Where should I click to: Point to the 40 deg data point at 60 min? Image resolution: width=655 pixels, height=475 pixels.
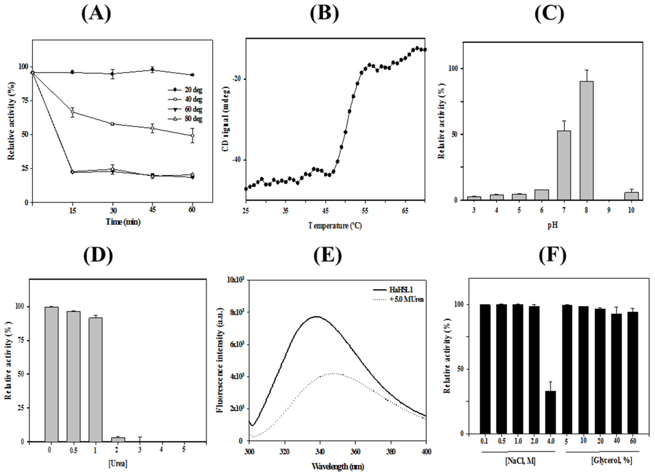point(193,135)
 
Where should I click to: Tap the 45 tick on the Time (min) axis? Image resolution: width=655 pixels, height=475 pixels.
point(153,210)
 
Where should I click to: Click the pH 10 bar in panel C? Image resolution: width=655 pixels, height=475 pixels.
point(632,196)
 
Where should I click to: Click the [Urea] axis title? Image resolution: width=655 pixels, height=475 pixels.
point(118,464)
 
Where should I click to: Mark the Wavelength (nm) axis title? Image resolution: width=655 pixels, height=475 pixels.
point(338,466)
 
